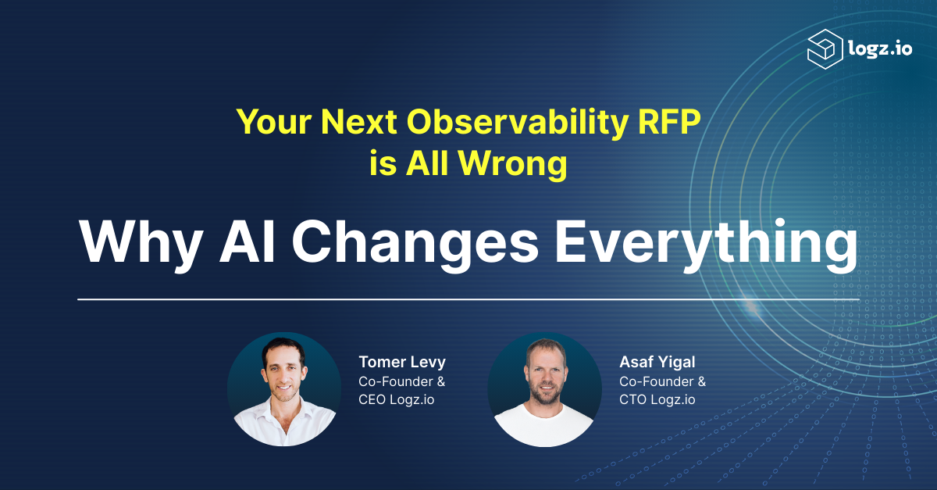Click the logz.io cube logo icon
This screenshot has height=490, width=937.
[x=825, y=49]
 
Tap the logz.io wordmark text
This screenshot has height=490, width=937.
[x=880, y=48]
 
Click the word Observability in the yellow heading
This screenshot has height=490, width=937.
[x=517, y=123]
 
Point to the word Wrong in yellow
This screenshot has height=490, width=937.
[x=513, y=164]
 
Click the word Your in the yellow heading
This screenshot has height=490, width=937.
[x=274, y=122]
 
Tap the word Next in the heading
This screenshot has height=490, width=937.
[x=359, y=122]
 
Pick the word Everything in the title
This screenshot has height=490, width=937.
[x=706, y=245]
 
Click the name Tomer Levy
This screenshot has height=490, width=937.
[x=402, y=362]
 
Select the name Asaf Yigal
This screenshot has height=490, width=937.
[x=657, y=363]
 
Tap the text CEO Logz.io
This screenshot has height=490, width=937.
[x=396, y=399]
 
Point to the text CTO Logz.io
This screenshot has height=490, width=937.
[x=657, y=399]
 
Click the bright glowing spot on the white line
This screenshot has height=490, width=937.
[x=752, y=307]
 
